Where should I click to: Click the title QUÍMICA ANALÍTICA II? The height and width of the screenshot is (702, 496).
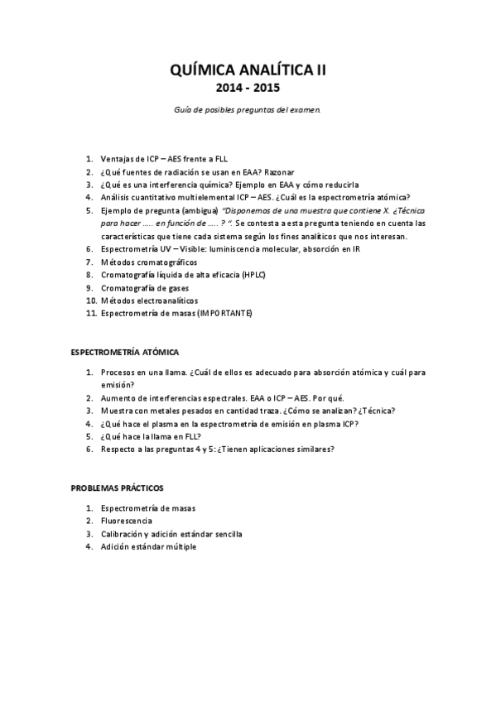pyautogui.click(x=248, y=72)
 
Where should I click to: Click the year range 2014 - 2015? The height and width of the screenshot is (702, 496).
pyautogui.click(x=248, y=88)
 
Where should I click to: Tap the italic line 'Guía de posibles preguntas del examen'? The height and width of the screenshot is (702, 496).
pyautogui.click(x=248, y=109)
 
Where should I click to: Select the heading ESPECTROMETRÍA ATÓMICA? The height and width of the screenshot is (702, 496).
pyautogui.click(x=123, y=352)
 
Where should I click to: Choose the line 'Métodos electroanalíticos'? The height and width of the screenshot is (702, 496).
pyautogui.click(x=149, y=300)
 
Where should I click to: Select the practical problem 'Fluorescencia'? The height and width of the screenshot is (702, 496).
pyautogui.click(x=126, y=521)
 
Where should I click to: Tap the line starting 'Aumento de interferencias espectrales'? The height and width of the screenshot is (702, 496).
pyautogui.click(x=211, y=397)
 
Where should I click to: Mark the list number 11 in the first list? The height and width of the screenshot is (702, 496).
pyautogui.click(x=90, y=313)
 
